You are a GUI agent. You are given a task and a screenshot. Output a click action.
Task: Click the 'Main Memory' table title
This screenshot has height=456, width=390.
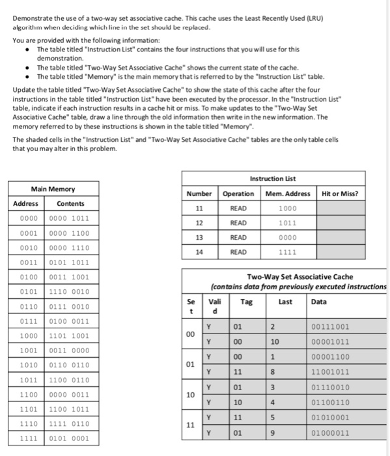pos(53,189)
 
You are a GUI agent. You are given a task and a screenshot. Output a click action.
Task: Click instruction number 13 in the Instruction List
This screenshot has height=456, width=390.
pos(199,238)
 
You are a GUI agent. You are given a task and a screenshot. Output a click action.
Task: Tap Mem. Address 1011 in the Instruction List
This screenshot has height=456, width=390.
pos(288,223)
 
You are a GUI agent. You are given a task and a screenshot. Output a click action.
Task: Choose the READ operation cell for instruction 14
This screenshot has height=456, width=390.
pos(238,252)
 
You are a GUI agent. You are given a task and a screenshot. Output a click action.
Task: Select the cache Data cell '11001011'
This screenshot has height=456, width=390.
pos(330,373)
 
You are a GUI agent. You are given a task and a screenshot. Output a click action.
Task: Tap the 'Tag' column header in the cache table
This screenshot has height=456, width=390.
pos(246,302)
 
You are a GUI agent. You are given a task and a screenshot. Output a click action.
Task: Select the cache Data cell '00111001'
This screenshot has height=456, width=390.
pos(330,327)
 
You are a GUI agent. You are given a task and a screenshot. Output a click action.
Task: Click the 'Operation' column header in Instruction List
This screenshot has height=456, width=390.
pos(238,193)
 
